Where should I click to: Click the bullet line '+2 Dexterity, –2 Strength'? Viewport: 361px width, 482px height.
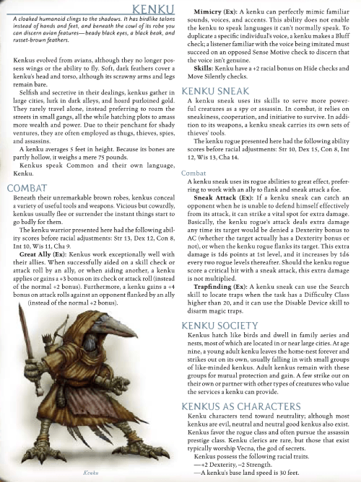(238, 464)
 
